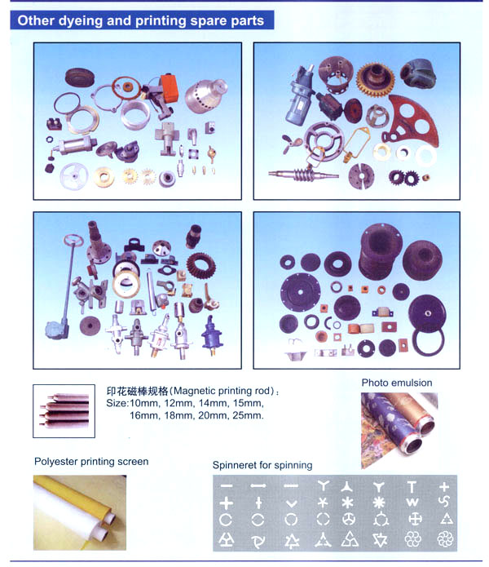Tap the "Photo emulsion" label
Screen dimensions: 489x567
397,383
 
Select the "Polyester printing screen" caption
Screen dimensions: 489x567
91,462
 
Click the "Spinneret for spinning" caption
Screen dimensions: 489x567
262,465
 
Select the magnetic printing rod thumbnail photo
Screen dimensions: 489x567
64,411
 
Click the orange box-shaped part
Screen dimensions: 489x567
169,87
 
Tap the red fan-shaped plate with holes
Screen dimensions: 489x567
412,121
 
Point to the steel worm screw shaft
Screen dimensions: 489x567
303,175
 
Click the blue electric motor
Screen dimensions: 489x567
298,96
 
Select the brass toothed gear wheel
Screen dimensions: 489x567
375,80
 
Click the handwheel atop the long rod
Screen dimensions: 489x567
73,240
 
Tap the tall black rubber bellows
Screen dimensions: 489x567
380,251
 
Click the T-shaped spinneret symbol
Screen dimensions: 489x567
412,487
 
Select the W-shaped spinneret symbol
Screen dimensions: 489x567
412,503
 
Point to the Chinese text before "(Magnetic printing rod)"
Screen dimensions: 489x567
138,391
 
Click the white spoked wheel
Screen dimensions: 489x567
74,176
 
